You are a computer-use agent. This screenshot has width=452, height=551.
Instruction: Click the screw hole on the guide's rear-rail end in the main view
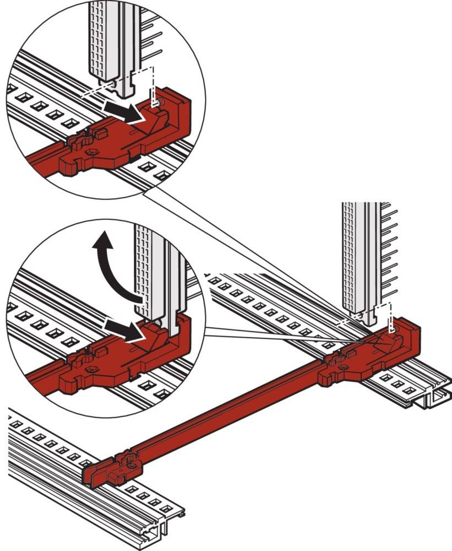[345, 367]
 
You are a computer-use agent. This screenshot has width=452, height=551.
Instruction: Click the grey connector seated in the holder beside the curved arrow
[157, 275]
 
